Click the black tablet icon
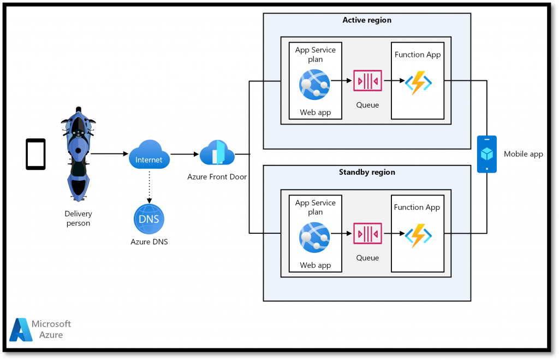[35, 154]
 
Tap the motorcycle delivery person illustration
[78, 154]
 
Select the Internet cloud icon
[149, 155]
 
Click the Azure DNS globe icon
[148, 219]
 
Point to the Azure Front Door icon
[217, 153]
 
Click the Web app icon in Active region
[314, 85]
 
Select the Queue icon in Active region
[367, 81]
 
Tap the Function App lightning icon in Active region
[418, 83]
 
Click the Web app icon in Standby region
[314, 237]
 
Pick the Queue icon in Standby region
[367, 234]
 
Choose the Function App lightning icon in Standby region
[418, 235]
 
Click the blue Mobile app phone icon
[486, 154]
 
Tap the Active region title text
[367, 20]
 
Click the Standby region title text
[367, 172]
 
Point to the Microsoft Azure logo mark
[20, 329]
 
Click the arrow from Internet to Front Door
[185, 154]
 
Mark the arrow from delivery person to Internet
[109, 154]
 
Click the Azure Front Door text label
[217, 176]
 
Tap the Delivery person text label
[78, 219]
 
